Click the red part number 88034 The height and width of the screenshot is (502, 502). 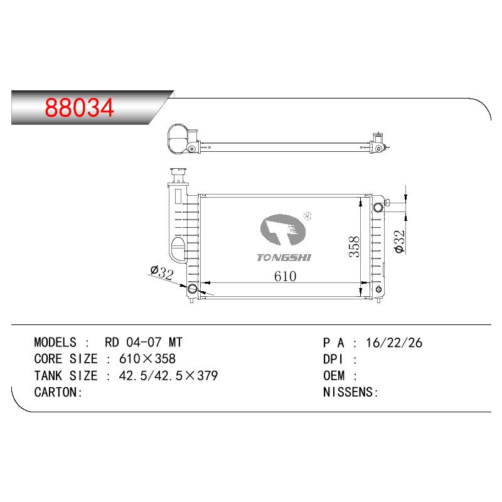click(x=80, y=107)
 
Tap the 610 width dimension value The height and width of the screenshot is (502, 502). click(x=286, y=276)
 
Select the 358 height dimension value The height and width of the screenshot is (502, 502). click(x=355, y=247)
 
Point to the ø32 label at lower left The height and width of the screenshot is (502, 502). click(x=162, y=272)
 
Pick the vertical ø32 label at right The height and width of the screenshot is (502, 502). click(x=400, y=242)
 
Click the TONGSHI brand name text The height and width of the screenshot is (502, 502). click(x=284, y=257)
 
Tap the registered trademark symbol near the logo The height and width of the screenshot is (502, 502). click(x=307, y=216)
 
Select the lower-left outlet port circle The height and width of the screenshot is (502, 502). click(x=192, y=289)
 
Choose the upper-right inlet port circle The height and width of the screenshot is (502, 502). click(x=378, y=208)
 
